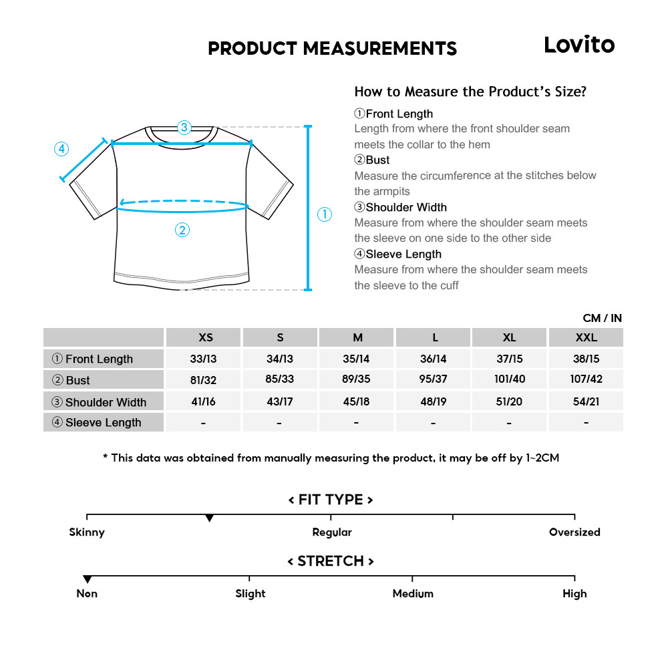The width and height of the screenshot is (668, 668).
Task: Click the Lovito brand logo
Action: click(578, 45)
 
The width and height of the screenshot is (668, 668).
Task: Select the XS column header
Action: click(206, 337)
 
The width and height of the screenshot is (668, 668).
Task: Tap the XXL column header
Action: click(587, 337)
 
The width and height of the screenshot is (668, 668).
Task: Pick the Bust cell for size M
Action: click(356, 379)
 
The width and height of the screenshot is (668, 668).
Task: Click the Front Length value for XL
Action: click(510, 359)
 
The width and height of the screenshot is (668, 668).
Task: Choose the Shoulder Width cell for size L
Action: click(433, 401)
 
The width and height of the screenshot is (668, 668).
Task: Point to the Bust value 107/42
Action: click(587, 379)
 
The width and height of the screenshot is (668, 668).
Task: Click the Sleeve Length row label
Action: click(104, 422)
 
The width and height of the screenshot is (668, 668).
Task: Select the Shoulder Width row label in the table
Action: click(106, 402)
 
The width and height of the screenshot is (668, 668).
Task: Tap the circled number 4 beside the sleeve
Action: click(61, 149)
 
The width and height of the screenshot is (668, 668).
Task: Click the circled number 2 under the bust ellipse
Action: click(182, 230)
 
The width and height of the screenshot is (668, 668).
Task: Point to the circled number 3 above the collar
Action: click(184, 127)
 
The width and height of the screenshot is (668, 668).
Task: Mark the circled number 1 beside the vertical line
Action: click(324, 214)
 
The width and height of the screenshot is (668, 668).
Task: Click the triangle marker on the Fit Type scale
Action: click(209, 518)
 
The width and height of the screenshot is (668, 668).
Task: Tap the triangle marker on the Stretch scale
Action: click(87, 579)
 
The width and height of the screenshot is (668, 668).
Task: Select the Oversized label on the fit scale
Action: click(574, 532)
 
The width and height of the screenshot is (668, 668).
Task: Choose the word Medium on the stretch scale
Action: click(413, 594)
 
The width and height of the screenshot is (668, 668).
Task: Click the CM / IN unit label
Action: click(602, 318)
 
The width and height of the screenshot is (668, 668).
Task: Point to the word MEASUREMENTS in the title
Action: click(379, 49)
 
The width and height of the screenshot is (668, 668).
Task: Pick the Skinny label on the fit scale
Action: click(87, 532)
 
